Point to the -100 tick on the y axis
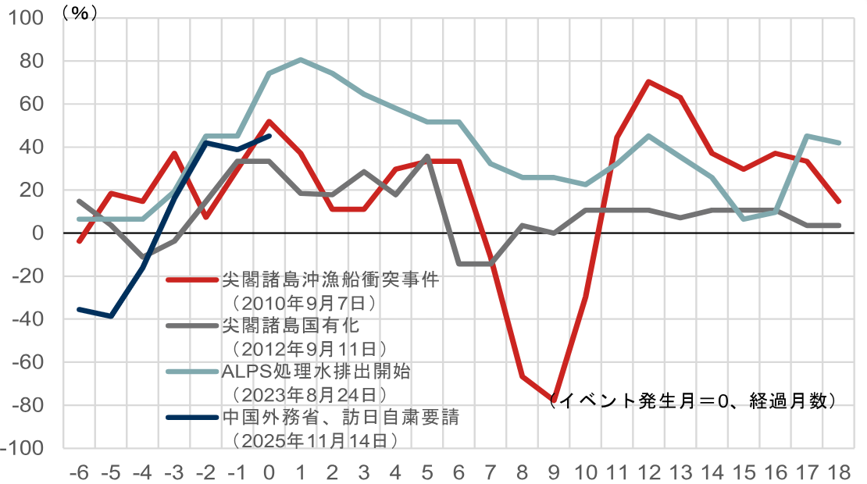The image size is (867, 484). pos(29,448)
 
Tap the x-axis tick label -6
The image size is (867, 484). pos(78,472)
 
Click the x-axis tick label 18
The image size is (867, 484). pos(838,472)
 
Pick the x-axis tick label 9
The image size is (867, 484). pos(554,472)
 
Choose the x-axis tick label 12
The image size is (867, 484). pos(648,472)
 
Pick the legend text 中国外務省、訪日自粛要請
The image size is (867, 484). pos(340,417)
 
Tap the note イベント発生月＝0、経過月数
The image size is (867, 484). pos(691,401)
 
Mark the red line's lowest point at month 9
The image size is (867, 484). pos(554,398)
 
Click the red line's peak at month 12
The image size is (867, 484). pos(648,82)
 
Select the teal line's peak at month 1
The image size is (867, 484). pos(301,60)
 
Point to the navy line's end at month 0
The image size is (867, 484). pos(269,136)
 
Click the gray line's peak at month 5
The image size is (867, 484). pos(426,157)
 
